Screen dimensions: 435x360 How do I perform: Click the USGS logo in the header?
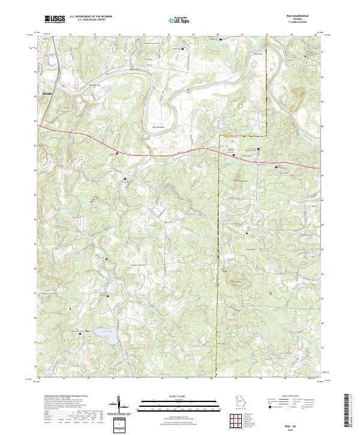tap(55, 20)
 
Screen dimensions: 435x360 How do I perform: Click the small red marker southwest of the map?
tap(70, 308)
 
